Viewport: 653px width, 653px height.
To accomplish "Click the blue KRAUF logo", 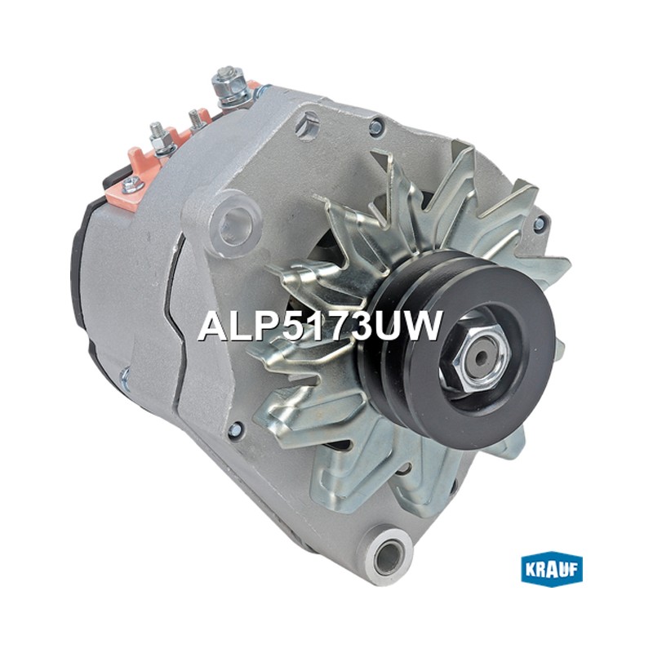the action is [552, 569].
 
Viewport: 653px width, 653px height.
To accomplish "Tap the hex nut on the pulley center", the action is [474, 356].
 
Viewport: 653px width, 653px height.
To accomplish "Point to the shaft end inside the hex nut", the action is [482, 355].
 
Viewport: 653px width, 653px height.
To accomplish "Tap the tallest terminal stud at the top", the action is [229, 87].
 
